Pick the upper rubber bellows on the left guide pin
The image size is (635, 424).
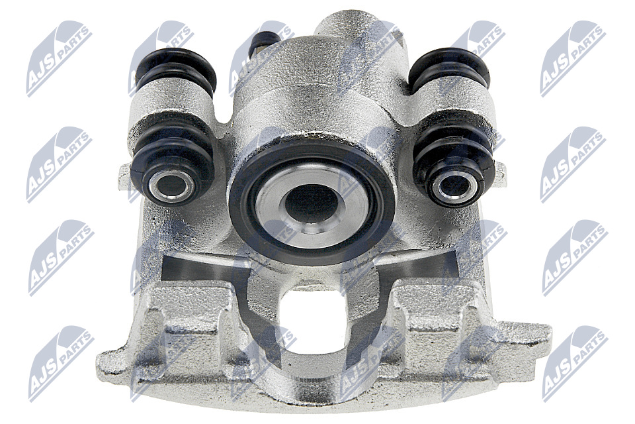tap(175, 70)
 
